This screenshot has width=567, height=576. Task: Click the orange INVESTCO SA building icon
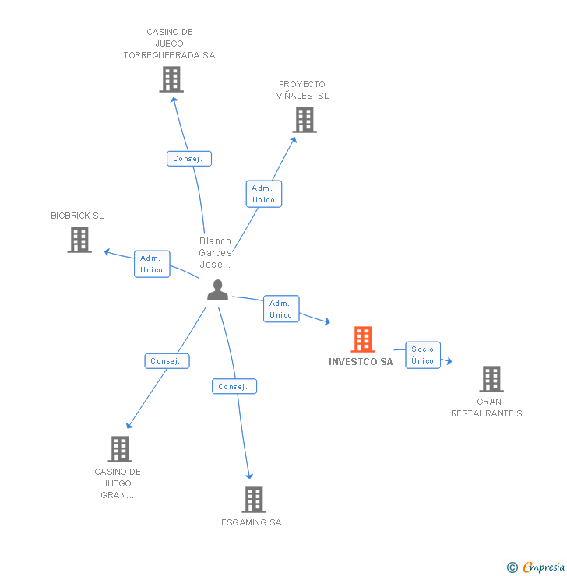point(363,339)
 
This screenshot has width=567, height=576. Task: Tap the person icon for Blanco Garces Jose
point(218,290)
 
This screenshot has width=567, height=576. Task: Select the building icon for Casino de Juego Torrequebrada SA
point(171,79)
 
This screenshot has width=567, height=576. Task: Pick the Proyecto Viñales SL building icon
point(305,120)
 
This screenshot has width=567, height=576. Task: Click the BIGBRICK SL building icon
point(79,240)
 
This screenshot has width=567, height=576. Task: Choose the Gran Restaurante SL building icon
point(491,379)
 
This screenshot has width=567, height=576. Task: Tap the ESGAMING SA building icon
point(254,500)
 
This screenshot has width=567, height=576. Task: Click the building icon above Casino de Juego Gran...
point(120,449)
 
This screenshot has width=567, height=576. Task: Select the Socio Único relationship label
point(423,355)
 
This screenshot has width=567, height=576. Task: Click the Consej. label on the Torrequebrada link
point(188,159)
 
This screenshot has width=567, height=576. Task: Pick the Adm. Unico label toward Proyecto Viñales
point(264,194)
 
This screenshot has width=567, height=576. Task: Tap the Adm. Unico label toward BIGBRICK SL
point(152,264)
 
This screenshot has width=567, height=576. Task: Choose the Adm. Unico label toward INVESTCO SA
point(281,309)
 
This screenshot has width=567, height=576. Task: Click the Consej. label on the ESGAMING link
point(234,386)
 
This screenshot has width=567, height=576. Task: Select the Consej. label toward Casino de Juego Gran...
point(167,361)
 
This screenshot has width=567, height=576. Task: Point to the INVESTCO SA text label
point(361,362)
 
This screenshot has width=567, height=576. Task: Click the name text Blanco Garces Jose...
point(216,252)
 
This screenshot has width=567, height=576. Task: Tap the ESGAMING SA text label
point(251,522)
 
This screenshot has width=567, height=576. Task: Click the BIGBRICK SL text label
point(77,216)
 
